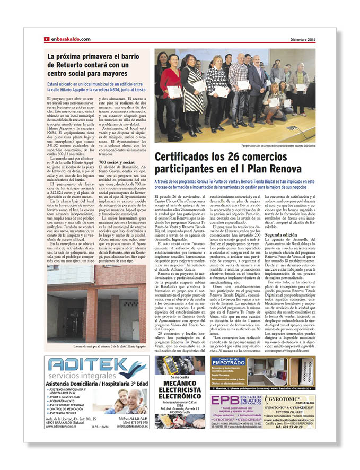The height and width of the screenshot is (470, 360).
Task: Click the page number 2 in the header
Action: coord(47,39)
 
